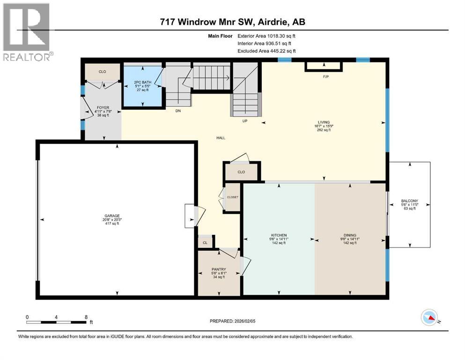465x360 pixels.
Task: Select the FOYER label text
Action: click(x=103, y=108)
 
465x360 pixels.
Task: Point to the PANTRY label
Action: click(x=218, y=270)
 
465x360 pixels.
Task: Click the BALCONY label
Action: click(x=409, y=201)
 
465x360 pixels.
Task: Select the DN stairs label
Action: click(x=178, y=111)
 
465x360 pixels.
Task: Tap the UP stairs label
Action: click(x=244, y=120)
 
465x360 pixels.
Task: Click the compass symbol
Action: click(x=429, y=319)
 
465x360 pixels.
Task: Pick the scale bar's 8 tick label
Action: click(x=86, y=317)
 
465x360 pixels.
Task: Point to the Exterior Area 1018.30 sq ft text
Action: click(x=266, y=35)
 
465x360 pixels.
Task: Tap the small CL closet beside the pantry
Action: click(x=205, y=243)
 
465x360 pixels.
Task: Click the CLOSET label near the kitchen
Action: click(x=232, y=197)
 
